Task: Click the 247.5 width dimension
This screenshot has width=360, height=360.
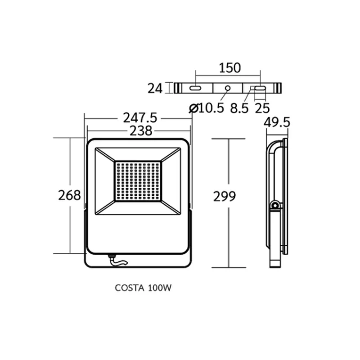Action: tap(140, 118)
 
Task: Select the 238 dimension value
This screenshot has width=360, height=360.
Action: tap(141, 131)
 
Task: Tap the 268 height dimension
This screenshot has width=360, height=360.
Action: tap(69, 195)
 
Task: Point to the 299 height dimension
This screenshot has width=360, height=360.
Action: tap(225, 197)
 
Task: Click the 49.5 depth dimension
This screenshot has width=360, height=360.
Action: tap(277, 122)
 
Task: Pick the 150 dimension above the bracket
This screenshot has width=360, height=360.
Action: tap(230, 68)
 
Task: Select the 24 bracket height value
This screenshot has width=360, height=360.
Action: tap(155, 88)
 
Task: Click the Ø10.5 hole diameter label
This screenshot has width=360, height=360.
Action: tap(206, 108)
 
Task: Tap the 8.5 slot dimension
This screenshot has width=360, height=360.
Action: tap(239, 108)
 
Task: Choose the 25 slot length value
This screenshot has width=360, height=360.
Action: tap(262, 108)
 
